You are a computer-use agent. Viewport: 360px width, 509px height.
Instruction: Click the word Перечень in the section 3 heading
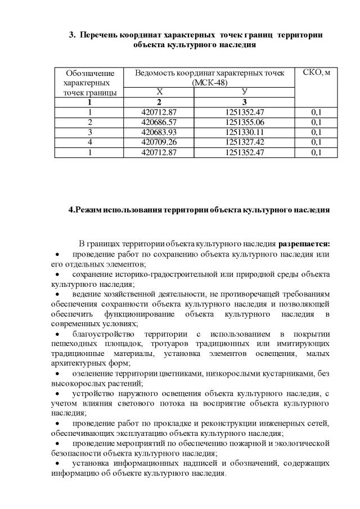[x=100, y=35]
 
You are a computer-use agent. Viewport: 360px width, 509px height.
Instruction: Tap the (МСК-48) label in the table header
[x=209, y=83]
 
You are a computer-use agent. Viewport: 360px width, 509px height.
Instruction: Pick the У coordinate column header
[x=244, y=92]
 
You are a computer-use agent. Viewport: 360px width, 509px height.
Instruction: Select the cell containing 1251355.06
[x=244, y=122]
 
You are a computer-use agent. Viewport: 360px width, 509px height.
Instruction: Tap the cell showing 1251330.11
[x=244, y=132]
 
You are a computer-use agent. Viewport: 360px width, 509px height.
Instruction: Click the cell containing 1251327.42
[x=244, y=142]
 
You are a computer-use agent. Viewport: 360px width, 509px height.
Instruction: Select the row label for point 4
[x=89, y=142]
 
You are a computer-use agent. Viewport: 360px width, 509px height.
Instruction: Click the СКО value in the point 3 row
[x=316, y=132]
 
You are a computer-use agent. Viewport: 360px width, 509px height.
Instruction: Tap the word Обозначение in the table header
[x=90, y=74]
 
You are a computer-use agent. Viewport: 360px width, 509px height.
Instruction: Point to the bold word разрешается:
[x=304, y=244]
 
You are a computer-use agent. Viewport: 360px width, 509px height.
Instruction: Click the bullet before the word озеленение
[x=58, y=375]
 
